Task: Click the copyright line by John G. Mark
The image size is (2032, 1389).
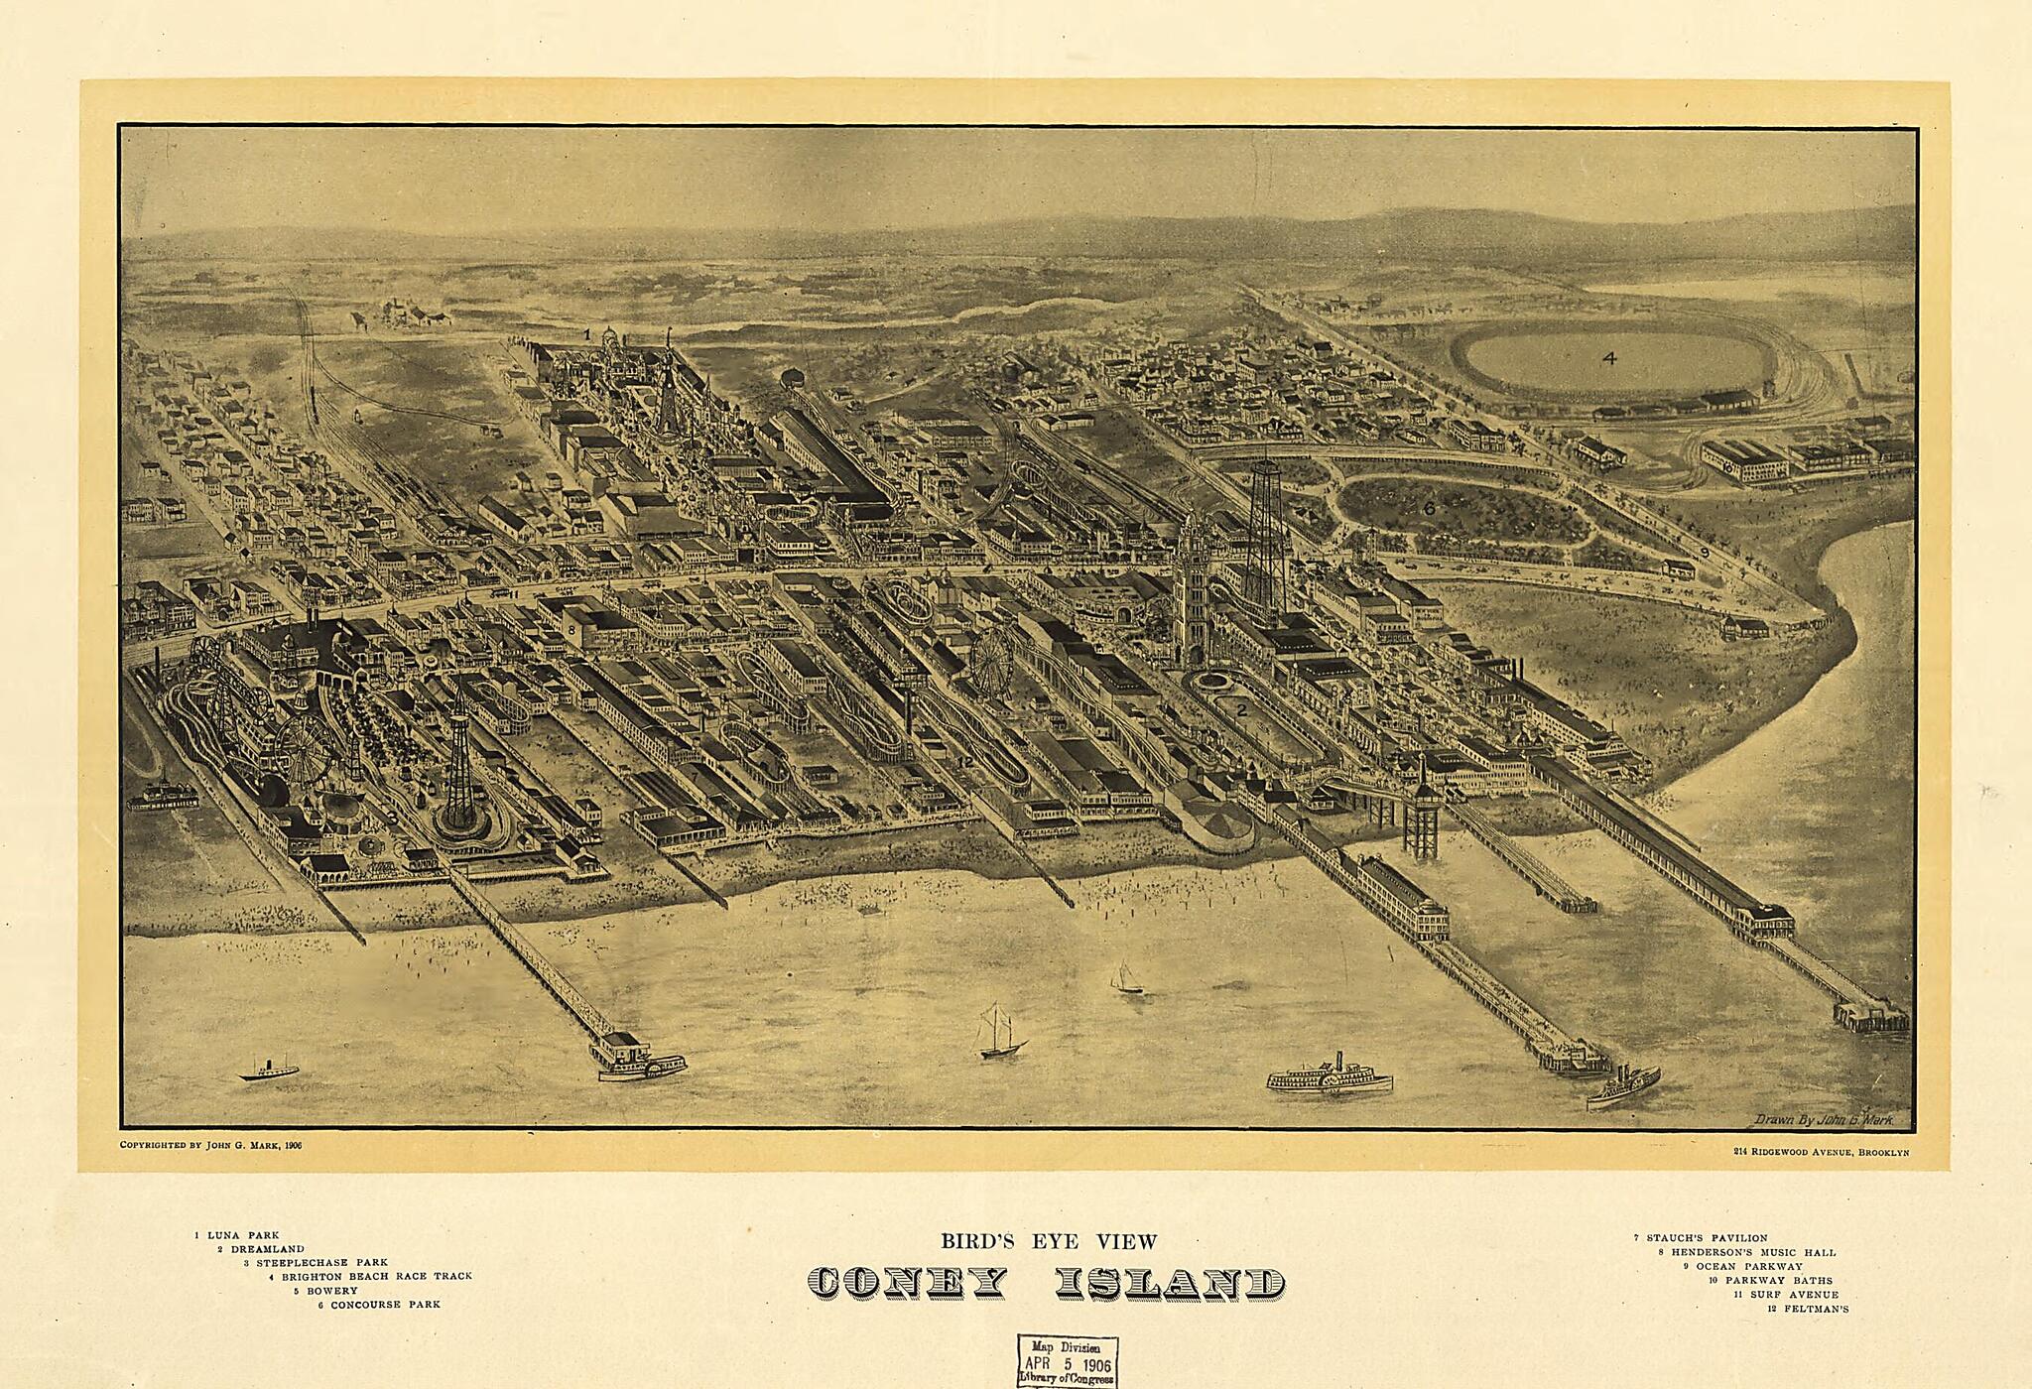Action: point(210,1144)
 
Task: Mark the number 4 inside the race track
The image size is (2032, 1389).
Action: point(1608,358)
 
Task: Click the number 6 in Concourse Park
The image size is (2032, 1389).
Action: point(1429,508)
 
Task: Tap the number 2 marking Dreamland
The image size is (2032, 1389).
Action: point(1240,709)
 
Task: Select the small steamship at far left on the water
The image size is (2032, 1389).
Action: point(268,1071)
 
